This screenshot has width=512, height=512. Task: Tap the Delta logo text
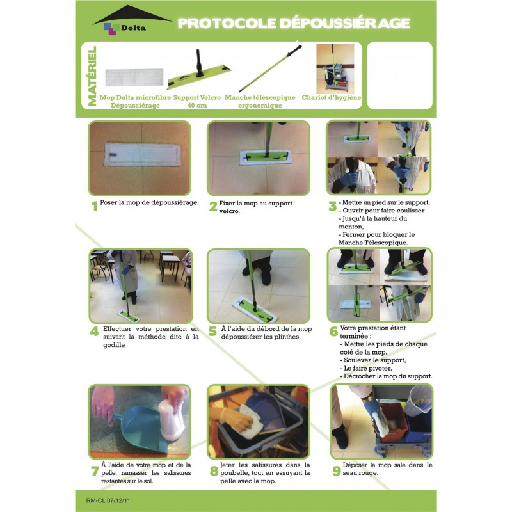pos(133,28)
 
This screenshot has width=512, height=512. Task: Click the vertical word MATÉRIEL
pos(92,76)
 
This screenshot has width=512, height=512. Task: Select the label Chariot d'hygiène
pos(332,97)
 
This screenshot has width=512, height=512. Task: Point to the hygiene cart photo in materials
pos(335,69)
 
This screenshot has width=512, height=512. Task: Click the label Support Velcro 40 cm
pos(197,101)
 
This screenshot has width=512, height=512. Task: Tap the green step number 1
pos(95,206)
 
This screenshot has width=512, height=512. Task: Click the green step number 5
pos(212,331)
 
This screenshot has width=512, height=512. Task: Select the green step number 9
pos(337,471)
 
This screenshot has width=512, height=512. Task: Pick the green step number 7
pos(95,471)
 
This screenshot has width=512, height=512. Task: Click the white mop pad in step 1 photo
pos(142,154)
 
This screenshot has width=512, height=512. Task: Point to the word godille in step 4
pos(114,345)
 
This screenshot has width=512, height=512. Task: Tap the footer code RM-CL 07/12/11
pos(108,500)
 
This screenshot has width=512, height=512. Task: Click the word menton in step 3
pos(350,227)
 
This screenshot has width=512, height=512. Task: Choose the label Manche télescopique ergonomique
pos(260,101)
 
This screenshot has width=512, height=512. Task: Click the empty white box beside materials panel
pos(399,76)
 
